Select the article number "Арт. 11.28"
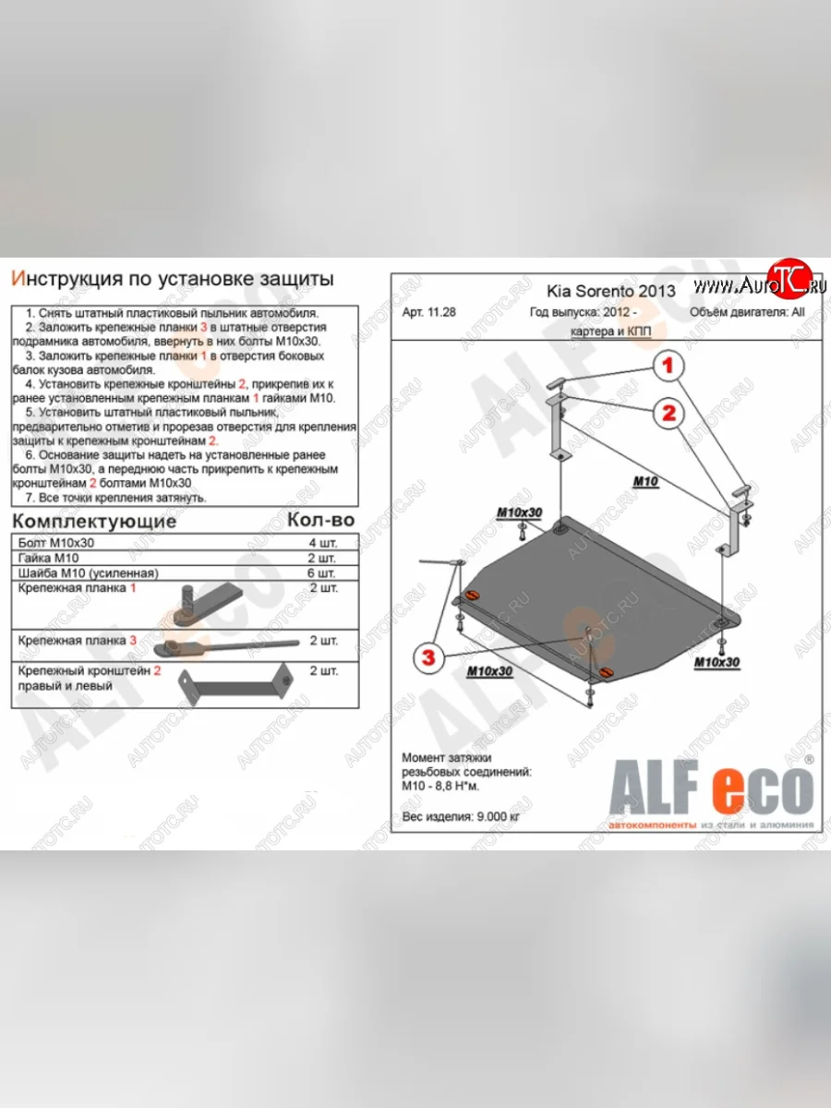[433, 312]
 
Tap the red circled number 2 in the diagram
[668, 413]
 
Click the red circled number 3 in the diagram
[427, 656]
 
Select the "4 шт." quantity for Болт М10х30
[320, 544]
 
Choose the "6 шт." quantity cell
[320, 573]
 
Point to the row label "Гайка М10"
[53, 559]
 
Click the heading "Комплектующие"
[93, 522]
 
